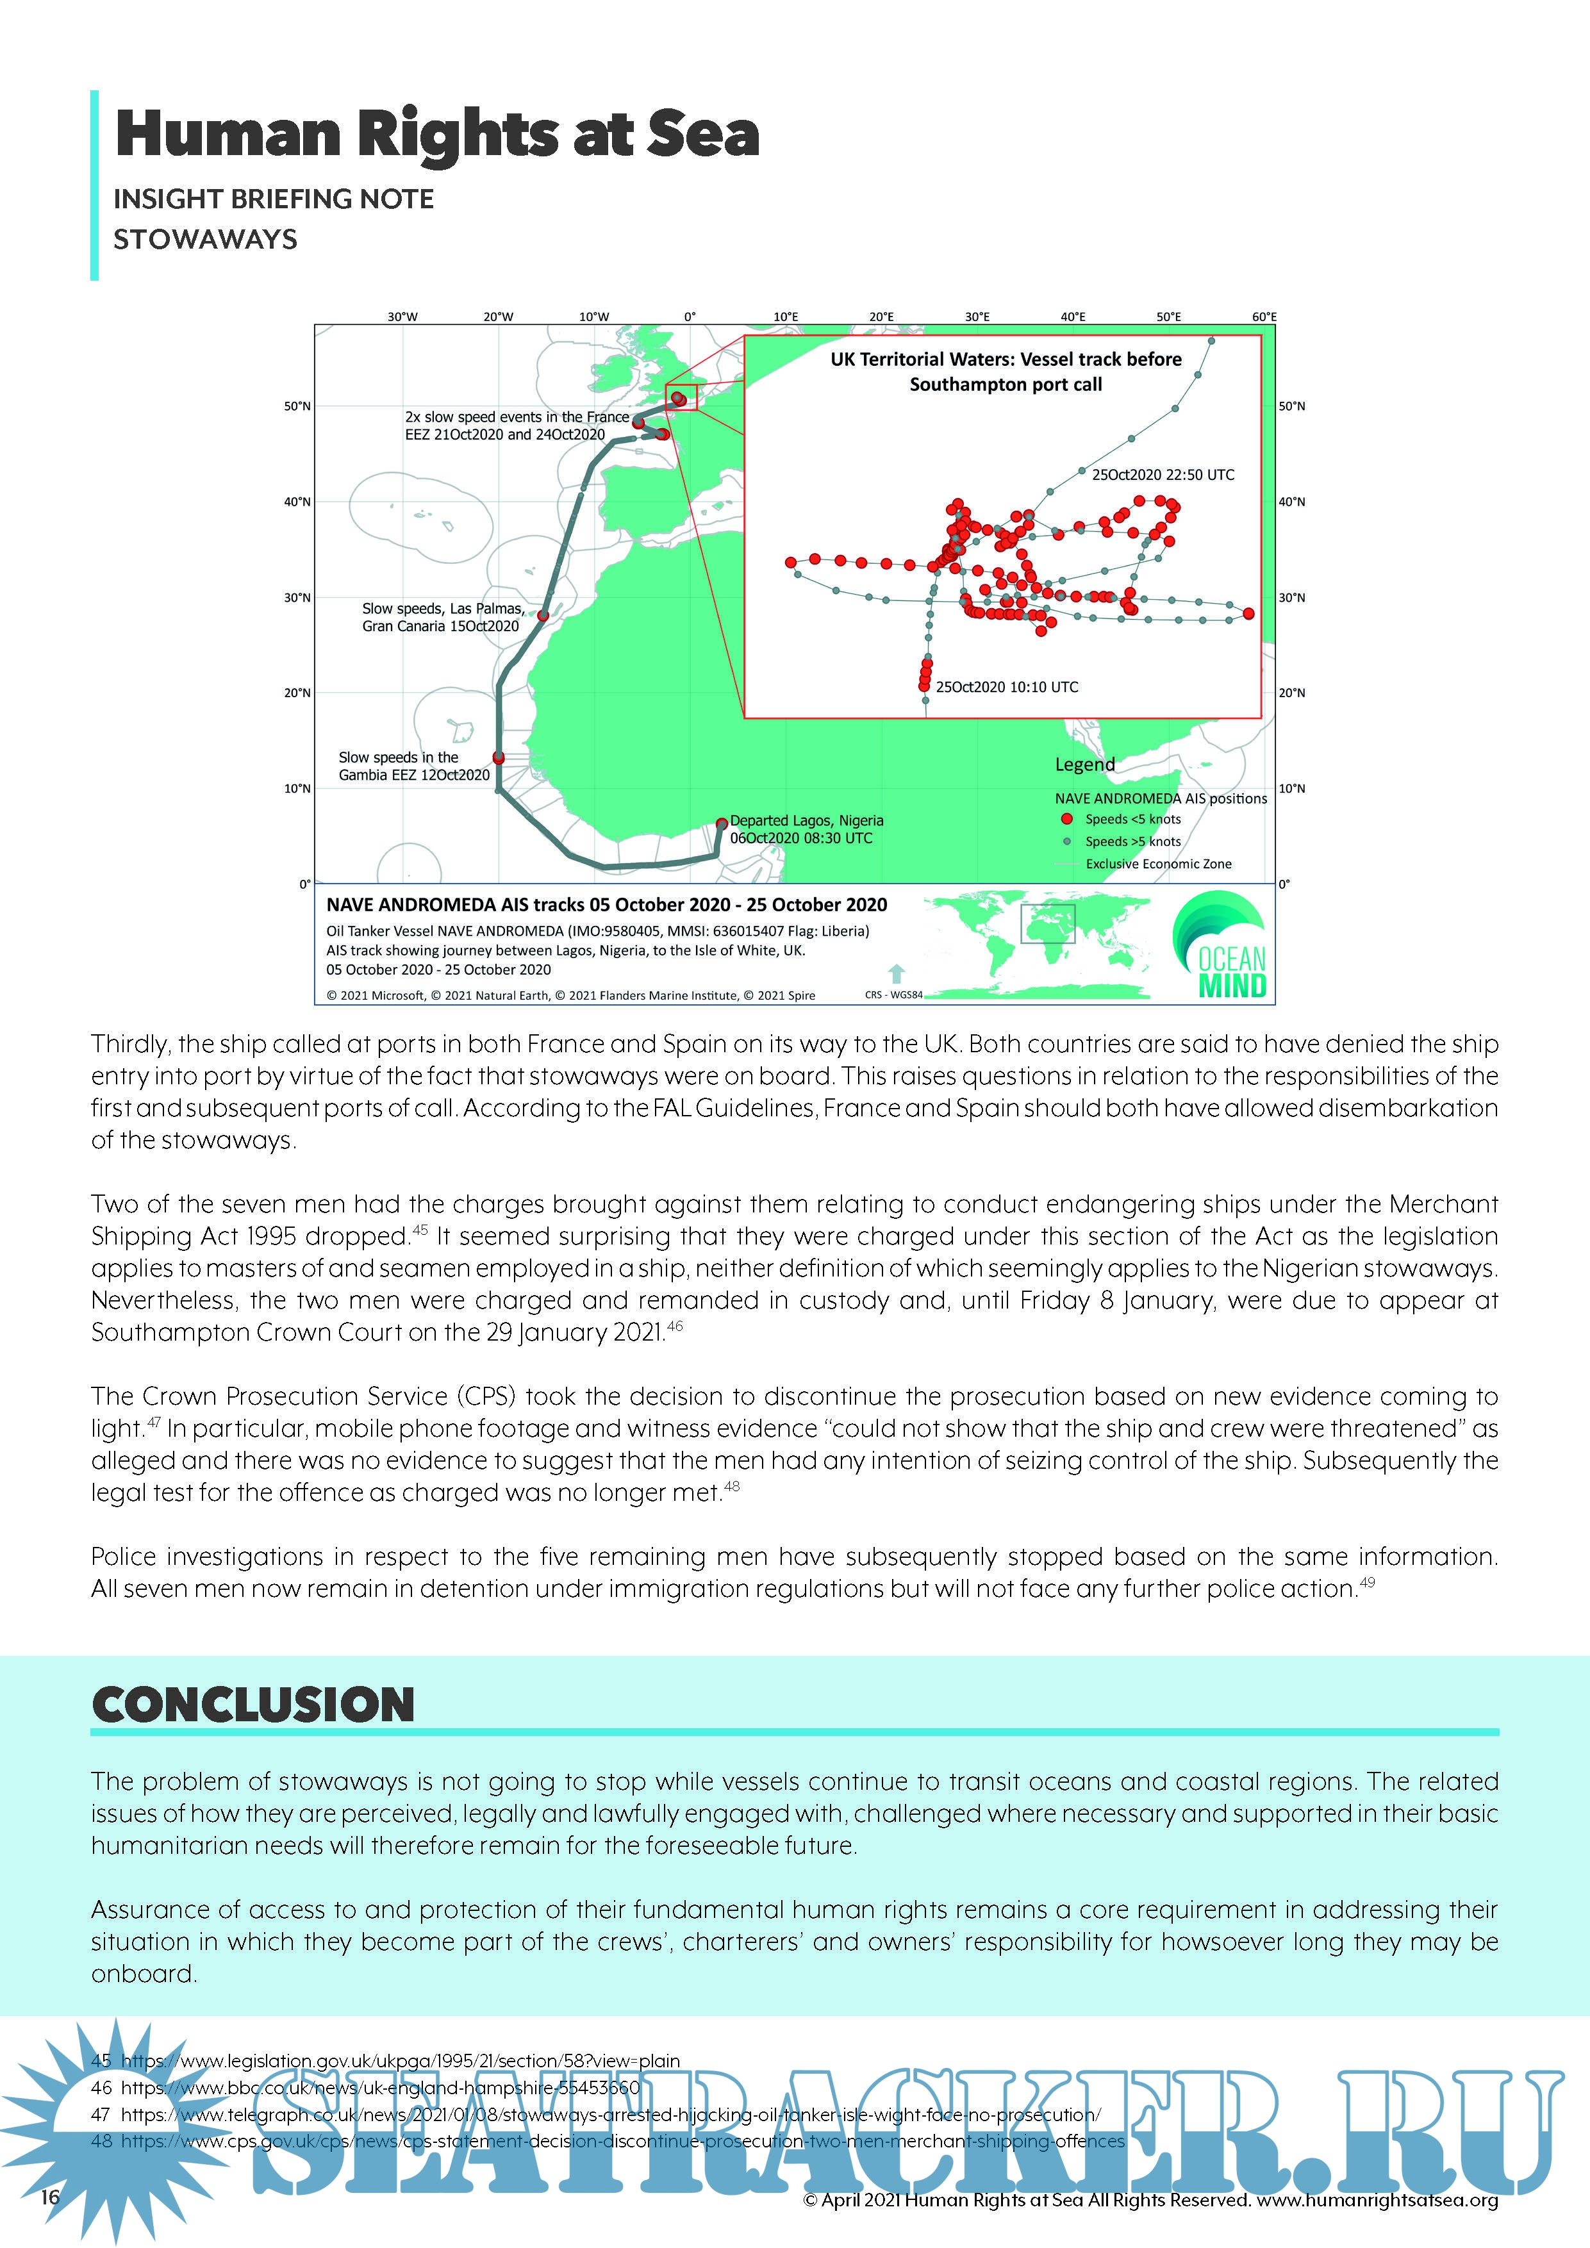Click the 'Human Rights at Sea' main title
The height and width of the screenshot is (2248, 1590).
coord(436,134)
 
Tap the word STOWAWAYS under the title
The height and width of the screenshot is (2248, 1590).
coord(204,240)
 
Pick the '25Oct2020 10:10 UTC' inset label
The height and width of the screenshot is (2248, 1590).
coord(1006,688)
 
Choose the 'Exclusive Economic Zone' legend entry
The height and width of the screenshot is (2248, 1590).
coord(1158,864)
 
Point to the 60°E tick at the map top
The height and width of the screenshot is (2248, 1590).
coord(1263,317)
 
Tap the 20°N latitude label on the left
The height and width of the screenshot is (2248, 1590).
coord(297,693)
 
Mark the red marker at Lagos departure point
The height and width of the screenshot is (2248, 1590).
coord(722,823)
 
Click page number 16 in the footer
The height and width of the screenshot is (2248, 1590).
coord(50,2197)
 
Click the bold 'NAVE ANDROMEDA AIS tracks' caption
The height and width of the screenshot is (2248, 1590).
coord(606,905)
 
